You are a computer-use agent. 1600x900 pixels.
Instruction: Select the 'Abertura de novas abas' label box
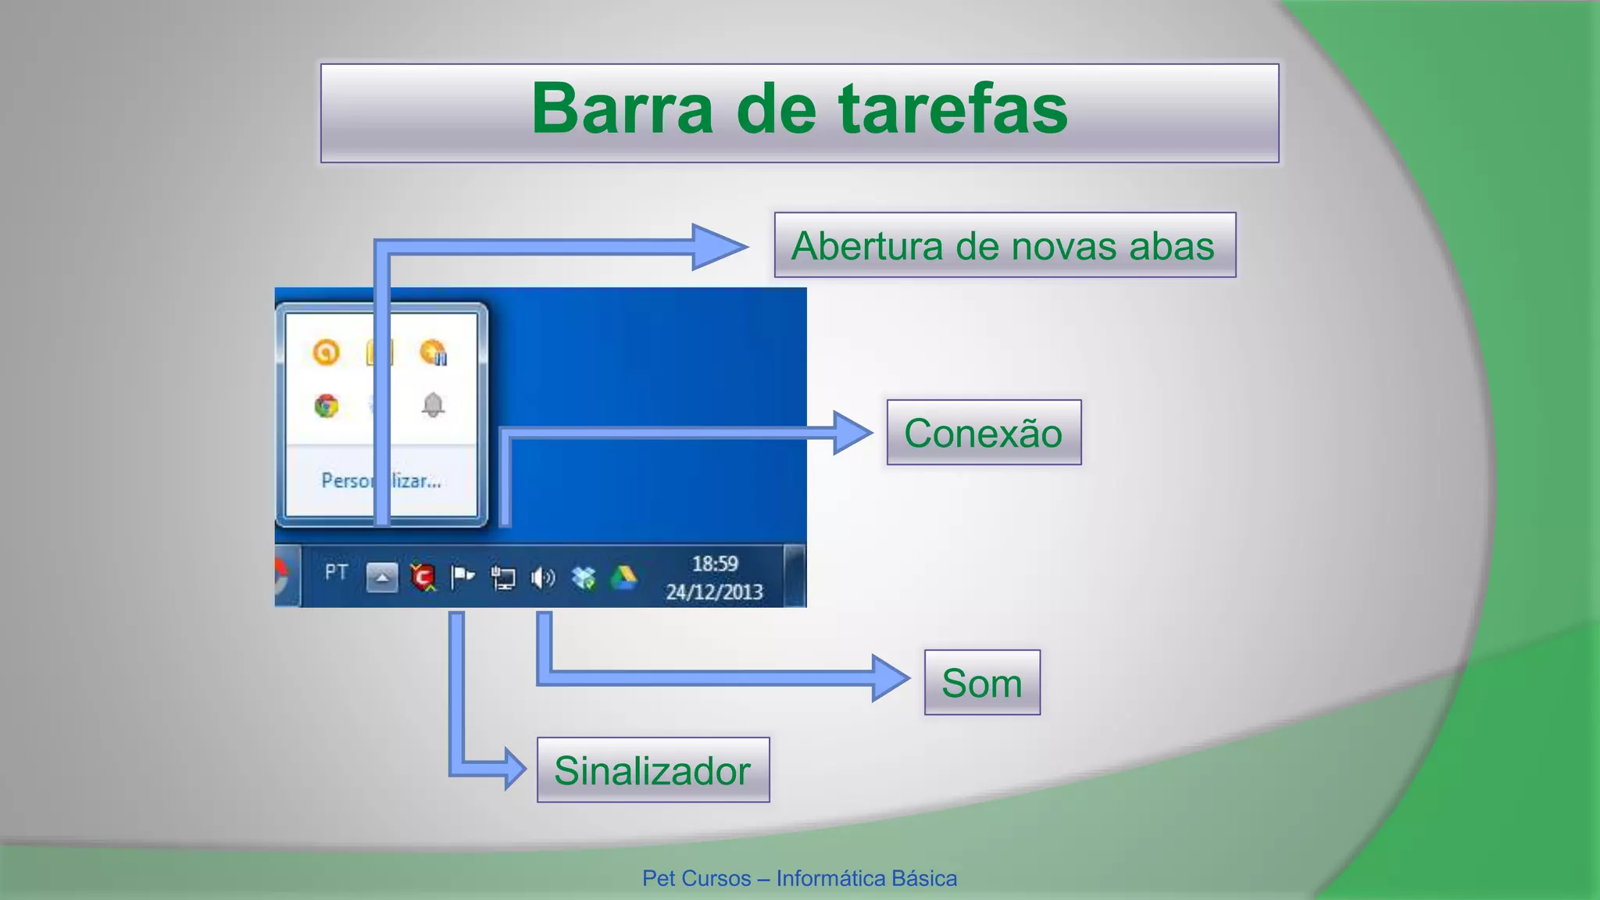coord(1004,245)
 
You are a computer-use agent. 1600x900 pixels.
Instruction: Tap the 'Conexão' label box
coord(984,433)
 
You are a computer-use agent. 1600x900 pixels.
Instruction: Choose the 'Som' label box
coord(982,683)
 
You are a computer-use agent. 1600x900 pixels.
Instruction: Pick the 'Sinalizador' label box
coord(653,770)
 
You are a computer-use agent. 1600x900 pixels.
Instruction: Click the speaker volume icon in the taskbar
coord(542,578)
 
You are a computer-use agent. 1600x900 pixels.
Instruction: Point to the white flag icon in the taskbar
coord(462,578)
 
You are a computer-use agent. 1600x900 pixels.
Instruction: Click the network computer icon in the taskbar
coord(502,578)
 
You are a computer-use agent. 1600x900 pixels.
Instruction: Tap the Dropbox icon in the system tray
coord(583,578)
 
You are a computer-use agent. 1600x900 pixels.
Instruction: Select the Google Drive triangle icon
coord(623,578)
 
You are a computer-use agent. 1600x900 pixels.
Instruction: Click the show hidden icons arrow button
coord(382,577)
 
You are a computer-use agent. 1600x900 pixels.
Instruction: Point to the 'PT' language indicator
coord(336,573)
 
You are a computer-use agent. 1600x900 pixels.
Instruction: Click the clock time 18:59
coord(715,564)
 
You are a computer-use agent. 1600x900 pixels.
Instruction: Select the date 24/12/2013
coord(714,592)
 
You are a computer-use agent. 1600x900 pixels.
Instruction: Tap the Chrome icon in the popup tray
coord(327,405)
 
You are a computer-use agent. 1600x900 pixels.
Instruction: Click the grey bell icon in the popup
coord(433,405)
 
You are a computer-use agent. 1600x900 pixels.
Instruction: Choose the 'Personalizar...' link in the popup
coord(381,480)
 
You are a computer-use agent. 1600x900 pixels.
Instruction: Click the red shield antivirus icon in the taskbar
coord(423,577)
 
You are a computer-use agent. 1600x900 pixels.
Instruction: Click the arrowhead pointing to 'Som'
coord(891,677)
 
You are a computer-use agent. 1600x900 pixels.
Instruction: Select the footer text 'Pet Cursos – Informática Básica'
coord(799,879)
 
